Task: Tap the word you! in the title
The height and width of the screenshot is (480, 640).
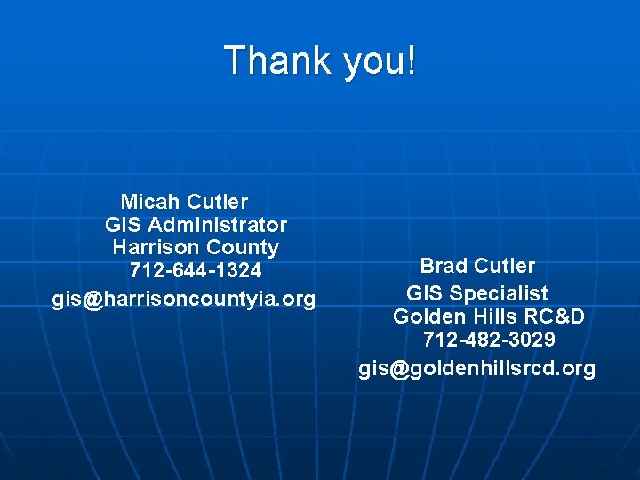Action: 373,61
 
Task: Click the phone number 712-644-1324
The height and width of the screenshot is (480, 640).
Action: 196,269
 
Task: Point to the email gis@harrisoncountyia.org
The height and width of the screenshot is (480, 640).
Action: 184,300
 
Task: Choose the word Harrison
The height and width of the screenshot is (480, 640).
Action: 156,247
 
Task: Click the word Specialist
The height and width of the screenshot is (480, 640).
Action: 499,293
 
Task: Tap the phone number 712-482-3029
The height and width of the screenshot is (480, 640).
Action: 489,340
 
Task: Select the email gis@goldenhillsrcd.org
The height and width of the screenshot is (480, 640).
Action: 477,369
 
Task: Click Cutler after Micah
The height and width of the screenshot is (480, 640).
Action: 218,203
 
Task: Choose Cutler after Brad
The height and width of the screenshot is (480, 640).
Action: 505,266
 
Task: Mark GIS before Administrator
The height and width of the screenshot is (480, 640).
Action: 124,225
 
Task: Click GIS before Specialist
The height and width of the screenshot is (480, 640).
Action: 425,293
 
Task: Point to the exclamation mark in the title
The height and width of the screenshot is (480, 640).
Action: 410,61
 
